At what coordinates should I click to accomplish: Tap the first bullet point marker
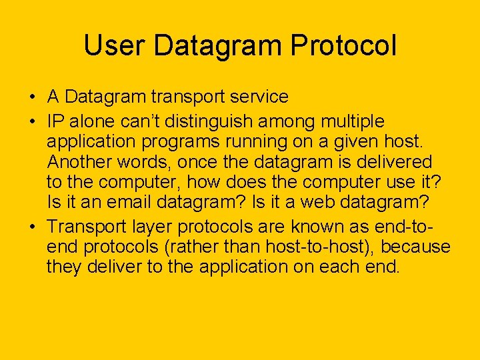pyautogui.click(x=32, y=97)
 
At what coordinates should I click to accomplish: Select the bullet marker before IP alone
pyautogui.click(x=32, y=122)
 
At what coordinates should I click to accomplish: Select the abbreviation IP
pyautogui.click(x=55, y=122)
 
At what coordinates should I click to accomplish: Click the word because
pyautogui.click(x=415, y=247)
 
